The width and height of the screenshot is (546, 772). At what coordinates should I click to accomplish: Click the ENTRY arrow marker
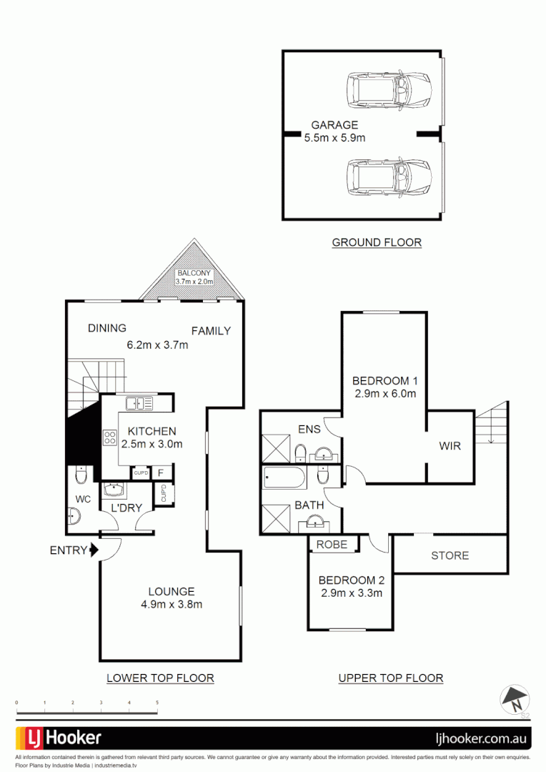[x=93, y=550]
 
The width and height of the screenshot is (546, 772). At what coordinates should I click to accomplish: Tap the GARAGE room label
[x=334, y=125]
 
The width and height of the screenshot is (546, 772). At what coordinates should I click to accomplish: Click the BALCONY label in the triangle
[x=194, y=274]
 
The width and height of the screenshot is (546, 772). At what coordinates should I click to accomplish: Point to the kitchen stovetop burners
[x=111, y=437]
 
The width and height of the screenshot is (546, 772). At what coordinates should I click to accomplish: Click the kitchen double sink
[x=139, y=404]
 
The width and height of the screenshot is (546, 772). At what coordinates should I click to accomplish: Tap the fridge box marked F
[x=161, y=472]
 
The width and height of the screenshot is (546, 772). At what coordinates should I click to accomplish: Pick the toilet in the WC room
[x=81, y=474]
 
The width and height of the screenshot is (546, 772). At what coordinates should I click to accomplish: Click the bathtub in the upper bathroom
[x=284, y=475]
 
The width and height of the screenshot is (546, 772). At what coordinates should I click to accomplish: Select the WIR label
[x=450, y=446]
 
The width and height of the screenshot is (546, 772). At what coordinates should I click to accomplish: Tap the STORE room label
[x=450, y=555]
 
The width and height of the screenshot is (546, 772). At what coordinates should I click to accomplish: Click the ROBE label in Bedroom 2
[x=332, y=545]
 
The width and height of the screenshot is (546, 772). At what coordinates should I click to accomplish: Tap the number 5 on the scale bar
[x=157, y=703]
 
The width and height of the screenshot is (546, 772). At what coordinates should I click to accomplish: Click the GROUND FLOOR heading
[x=377, y=242]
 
